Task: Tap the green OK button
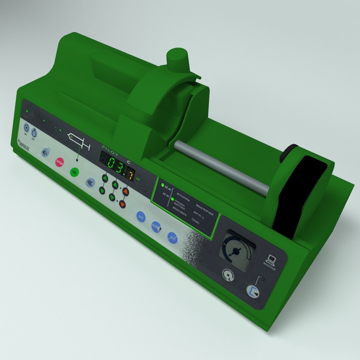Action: click(74, 172)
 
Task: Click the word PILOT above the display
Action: click(111, 148)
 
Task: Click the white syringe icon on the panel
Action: click(79, 141)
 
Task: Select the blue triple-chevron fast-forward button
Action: click(90, 182)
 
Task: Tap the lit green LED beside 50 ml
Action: click(163, 185)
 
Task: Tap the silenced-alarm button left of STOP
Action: click(45, 152)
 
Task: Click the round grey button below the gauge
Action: click(228, 275)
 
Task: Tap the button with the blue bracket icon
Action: click(253, 290)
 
